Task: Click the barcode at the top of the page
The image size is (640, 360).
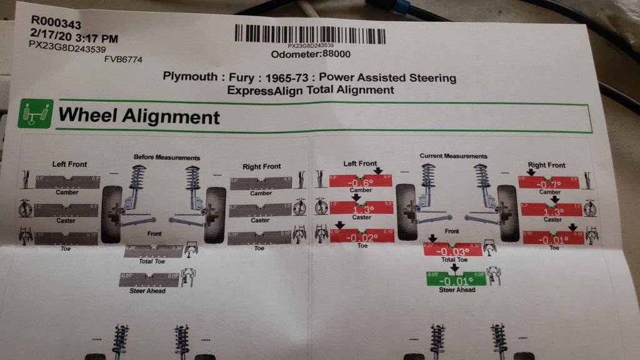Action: tap(310, 34)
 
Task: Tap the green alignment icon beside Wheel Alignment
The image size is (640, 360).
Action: tap(35, 114)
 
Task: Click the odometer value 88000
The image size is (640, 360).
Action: tap(336, 54)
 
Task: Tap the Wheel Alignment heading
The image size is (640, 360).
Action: tap(139, 116)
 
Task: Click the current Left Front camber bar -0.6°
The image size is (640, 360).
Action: tap(361, 182)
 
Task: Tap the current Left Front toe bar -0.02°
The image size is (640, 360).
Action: tap(362, 237)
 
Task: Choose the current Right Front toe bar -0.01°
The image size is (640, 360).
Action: tap(553, 238)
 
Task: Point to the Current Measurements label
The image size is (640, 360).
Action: tap(453, 156)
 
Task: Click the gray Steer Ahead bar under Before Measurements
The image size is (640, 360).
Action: tap(149, 280)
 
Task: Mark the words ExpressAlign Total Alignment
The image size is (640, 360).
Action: tap(311, 90)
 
